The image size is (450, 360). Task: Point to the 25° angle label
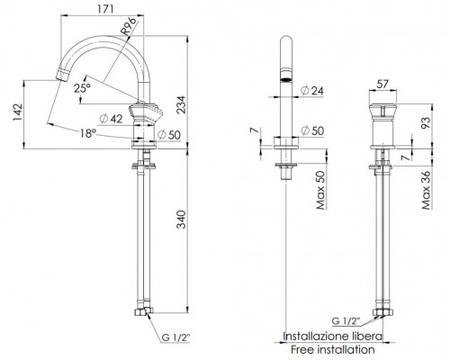[x=84, y=88]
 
